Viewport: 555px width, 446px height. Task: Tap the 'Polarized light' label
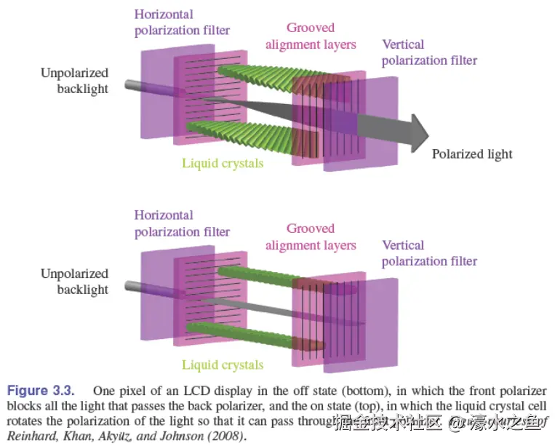point(472,154)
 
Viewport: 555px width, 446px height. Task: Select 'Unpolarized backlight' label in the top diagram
point(74,81)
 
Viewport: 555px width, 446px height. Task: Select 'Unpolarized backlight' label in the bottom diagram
point(74,282)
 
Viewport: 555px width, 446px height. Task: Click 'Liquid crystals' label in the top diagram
point(223,163)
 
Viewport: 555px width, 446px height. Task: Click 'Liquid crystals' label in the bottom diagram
point(223,365)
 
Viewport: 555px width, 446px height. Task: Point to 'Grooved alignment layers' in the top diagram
point(311,36)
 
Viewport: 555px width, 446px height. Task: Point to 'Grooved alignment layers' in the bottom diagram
point(311,237)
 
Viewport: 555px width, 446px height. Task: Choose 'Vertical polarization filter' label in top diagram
point(429,52)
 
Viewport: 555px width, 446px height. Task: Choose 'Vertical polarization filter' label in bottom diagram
point(429,253)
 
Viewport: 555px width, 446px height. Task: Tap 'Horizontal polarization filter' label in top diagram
point(182,22)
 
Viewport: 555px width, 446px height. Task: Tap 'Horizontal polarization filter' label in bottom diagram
point(182,223)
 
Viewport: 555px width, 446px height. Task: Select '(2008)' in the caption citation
point(225,436)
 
